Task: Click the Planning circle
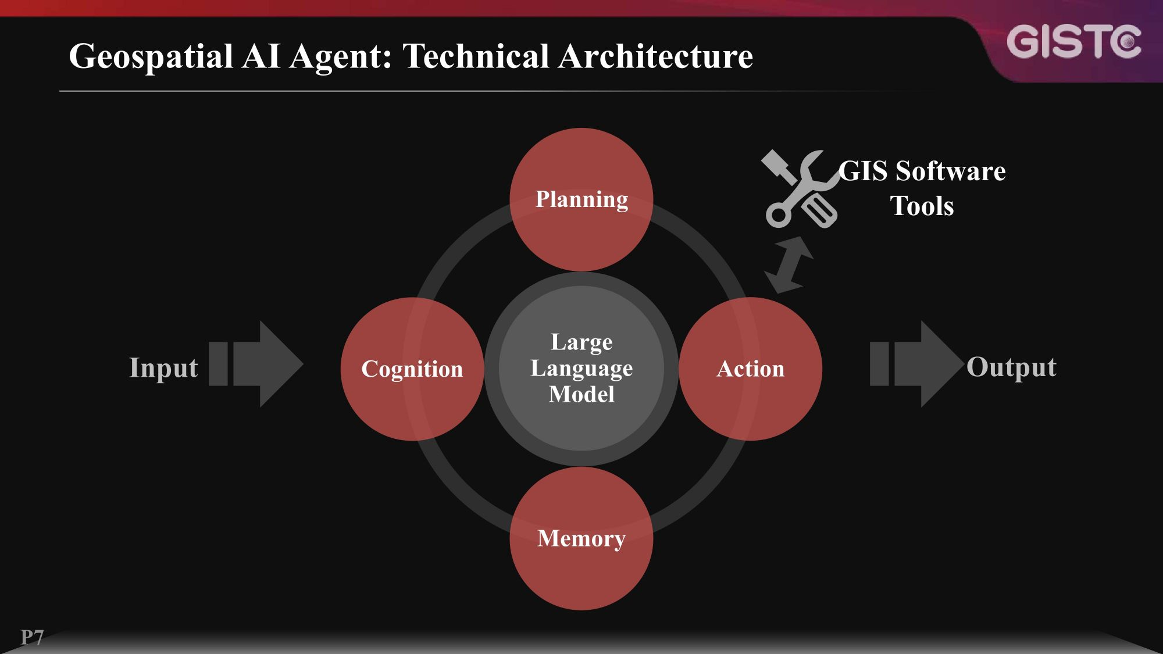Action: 581,199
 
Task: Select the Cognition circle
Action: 412,369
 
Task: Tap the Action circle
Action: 751,369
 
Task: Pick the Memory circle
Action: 581,538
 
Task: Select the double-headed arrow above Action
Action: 789,265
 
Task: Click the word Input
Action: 163,368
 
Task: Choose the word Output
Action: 1011,367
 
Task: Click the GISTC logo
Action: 1073,42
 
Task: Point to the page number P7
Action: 33,637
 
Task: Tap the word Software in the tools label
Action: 950,171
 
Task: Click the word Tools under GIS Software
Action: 922,206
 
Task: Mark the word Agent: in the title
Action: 340,57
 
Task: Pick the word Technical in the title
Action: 476,56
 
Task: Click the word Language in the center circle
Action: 581,369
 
